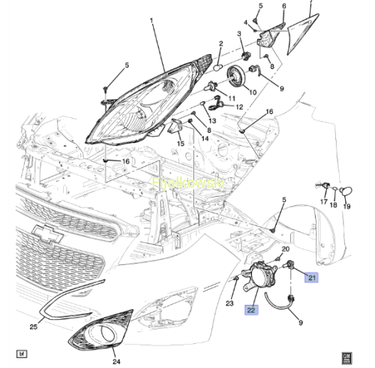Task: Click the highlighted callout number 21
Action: point(311,277)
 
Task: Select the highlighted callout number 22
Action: point(251,310)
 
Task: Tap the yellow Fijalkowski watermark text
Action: point(188,182)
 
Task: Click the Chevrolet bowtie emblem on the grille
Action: point(48,234)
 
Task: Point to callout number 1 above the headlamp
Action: point(151,20)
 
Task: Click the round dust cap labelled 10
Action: point(236,76)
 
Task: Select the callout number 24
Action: point(116,361)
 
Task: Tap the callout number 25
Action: point(34,327)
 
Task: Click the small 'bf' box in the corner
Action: point(22,354)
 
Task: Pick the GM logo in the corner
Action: point(346,358)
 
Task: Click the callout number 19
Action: point(346,207)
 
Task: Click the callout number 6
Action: point(284,6)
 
